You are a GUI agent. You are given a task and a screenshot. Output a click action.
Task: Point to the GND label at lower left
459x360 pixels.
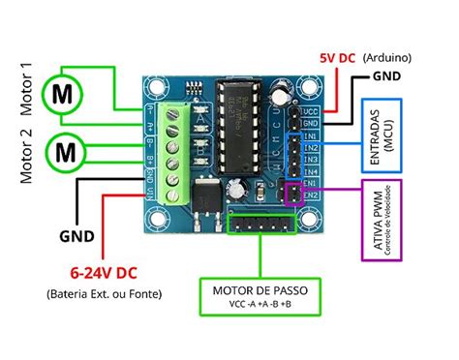click(76, 235)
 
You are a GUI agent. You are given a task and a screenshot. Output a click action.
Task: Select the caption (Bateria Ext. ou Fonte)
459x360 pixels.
click(103, 293)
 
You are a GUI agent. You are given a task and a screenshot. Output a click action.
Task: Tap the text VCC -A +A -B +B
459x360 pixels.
click(262, 305)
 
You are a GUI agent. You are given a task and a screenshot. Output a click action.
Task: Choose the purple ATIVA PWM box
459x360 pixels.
click(385, 221)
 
